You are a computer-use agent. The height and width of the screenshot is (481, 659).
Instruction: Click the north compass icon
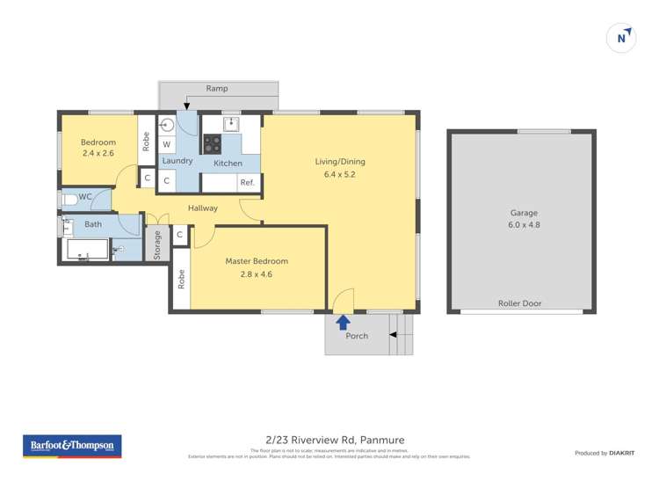pyautogui.click(x=622, y=38)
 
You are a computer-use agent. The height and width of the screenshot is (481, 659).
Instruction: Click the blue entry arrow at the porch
pyautogui.click(x=343, y=323)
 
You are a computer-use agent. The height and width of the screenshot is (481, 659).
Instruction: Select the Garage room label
pyautogui.click(x=524, y=213)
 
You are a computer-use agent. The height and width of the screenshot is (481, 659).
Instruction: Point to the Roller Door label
pyautogui.click(x=519, y=303)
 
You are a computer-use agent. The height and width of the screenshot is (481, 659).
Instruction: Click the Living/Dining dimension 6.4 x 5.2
pyautogui.click(x=339, y=175)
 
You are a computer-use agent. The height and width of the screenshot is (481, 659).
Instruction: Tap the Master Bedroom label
pyautogui.click(x=257, y=261)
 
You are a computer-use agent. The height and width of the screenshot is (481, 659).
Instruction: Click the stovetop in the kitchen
pyautogui.click(x=212, y=143)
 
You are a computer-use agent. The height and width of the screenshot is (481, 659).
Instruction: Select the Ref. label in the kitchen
pyautogui.click(x=247, y=182)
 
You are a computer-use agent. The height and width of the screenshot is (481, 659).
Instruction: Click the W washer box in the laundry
pyautogui.click(x=167, y=143)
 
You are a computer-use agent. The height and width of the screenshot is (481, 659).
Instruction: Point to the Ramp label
pyautogui.click(x=217, y=89)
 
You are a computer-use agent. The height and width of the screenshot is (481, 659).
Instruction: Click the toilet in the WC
pyautogui.click(x=69, y=200)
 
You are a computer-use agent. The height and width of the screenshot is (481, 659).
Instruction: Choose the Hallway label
pyautogui.click(x=203, y=208)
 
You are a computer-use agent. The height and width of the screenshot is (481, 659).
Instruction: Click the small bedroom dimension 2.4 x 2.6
pyautogui.click(x=98, y=154)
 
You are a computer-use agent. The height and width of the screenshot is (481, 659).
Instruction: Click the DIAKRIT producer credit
pyautogui.click(x=621, y=453)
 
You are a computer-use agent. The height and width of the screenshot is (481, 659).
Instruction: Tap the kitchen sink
pyautogui.click(x=230, y=124)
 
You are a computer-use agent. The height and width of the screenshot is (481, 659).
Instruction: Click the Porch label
pyautogui.click(x=357, y=336)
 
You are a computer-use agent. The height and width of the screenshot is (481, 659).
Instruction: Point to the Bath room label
pyautogui.click(x=93, y=224)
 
